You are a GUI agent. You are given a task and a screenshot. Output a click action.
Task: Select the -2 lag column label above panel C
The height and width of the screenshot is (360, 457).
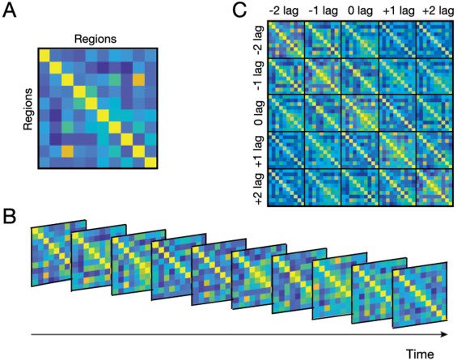[286, 11]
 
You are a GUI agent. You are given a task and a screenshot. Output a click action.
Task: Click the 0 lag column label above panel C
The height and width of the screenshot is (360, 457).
[359, 11]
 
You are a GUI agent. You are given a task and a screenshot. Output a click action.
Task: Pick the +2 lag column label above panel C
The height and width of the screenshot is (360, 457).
[433, 11]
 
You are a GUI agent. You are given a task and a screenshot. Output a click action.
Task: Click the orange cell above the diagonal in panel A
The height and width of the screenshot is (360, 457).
[139, 83]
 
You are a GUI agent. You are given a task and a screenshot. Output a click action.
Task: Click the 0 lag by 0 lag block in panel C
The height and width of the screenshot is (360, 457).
[359, 114]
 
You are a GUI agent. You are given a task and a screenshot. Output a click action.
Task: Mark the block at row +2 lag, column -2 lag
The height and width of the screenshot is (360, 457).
[286, 187]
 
